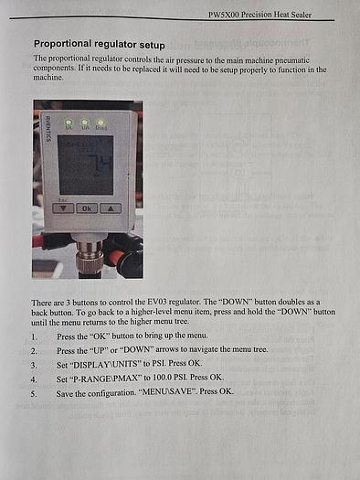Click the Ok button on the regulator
(x=87, y=208)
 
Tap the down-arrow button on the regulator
(x=63, y=208)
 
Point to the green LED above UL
(x=69, y=122)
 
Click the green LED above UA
(x=85, y=123)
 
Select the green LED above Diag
(x=100, y=123)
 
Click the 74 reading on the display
(x=99, y=165)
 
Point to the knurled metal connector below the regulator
(x=90, y=257)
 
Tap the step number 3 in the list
(x=34, y=365)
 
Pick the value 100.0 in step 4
(x=162, y=378)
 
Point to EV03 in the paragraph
(x=157, y=302)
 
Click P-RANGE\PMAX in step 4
(x=101, y=379)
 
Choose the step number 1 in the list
(x=34, y=336)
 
